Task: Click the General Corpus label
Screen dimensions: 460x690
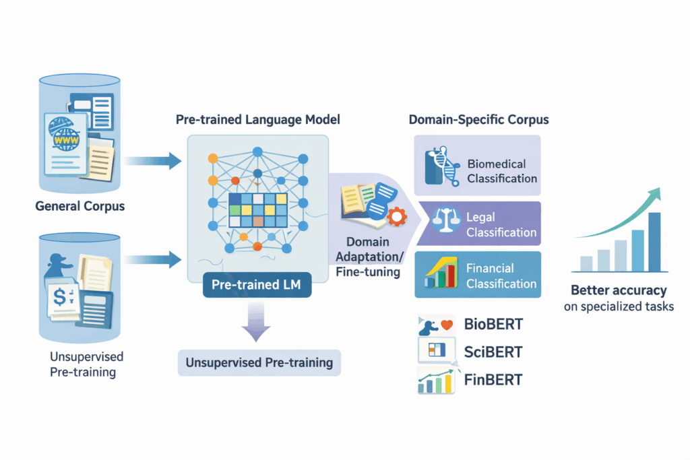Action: pos(80,206)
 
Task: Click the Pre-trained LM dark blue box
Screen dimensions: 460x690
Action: pos(257,285)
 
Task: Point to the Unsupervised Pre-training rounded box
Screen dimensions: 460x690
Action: pos(259,362)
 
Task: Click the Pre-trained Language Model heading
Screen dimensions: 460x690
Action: pos(258,120)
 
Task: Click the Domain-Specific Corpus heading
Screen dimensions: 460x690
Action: pos(478,120)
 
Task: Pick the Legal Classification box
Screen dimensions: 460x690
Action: pos(476,224)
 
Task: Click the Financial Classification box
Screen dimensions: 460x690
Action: pos(476,275)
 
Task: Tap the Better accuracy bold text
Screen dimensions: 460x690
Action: pos(619,291)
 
